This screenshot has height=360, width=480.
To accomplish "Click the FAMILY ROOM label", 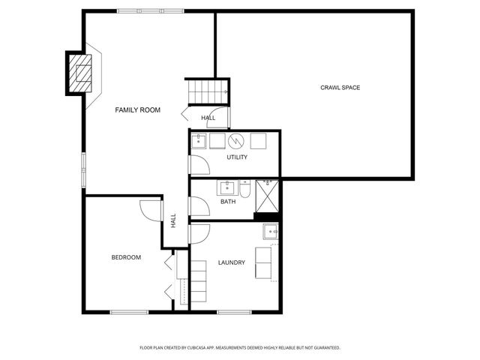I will click(x=137, y=110).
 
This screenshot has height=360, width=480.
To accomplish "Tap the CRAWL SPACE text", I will click(x=341, y=88).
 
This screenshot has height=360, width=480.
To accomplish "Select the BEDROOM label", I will click(x=126, y=257).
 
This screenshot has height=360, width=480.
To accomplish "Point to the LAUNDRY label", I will click(x=231, y=262).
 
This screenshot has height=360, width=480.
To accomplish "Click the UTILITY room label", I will click(x=237, y=157).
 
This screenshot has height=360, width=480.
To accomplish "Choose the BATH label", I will click(x=228, y=202).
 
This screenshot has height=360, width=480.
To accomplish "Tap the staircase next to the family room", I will click(x=207, y=91).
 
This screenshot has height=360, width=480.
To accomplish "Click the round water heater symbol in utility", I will click(x=237, y=140).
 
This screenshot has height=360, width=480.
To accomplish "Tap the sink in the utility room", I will click(x=201, y=140).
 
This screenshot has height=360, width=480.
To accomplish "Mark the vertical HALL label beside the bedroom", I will click(x=173, y=221).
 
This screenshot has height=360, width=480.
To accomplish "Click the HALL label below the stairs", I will click(x=208, y=118).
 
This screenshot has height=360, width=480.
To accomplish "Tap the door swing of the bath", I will click(x=197, y=205).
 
